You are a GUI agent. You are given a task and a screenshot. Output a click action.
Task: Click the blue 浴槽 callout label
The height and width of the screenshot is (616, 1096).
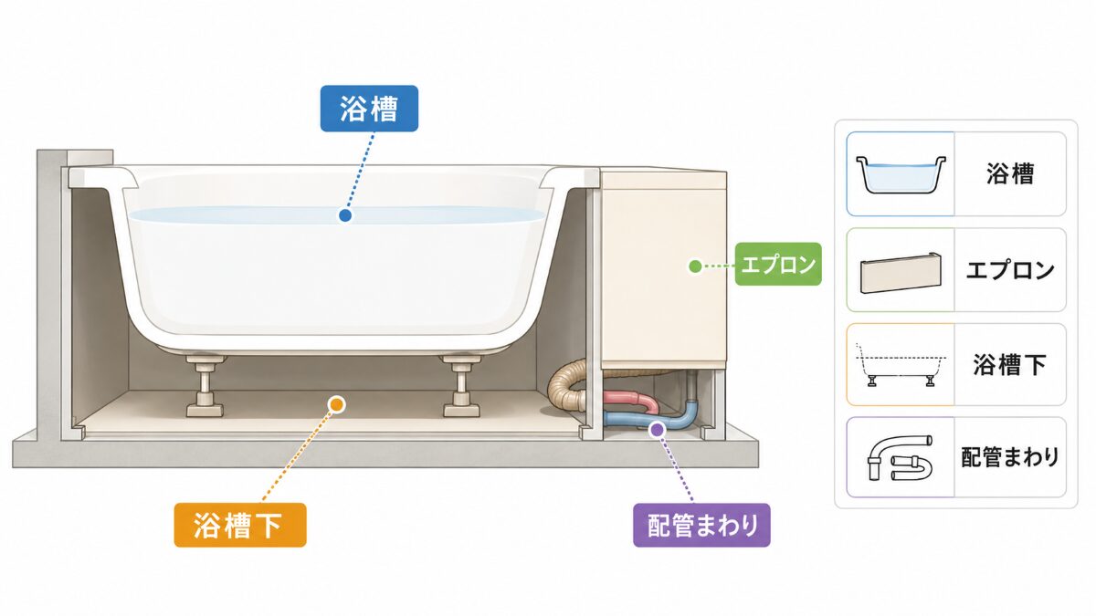click(369, 109)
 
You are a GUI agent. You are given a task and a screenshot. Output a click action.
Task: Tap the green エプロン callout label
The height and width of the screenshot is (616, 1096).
click(778, 264)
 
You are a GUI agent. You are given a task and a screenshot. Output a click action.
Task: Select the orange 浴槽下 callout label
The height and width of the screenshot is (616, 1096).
click(240, 525)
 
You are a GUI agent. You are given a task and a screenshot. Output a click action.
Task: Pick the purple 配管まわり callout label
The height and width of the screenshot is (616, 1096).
click(701, 525)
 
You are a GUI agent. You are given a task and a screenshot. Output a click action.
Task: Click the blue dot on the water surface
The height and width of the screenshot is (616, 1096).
click(345, 215)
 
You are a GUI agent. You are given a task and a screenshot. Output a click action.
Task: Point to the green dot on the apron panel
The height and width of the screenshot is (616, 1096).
click(695, 266)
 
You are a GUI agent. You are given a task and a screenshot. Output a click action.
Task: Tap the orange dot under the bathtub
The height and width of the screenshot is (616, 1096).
click(336, 404)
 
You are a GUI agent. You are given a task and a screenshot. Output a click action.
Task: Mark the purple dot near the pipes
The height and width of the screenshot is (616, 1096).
click(657, 429)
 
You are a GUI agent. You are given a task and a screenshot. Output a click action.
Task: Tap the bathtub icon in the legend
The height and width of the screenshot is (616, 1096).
click(901, 174)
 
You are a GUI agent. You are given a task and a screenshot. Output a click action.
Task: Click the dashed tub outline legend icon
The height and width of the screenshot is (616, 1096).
click(901, 365)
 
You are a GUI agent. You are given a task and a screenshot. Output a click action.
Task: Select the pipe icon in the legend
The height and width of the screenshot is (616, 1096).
click(900, 457)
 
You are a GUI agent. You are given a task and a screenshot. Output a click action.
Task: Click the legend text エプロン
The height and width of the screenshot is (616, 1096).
click(1010, 270)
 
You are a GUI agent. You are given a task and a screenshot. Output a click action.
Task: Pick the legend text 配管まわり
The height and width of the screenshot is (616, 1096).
click(1010, 457)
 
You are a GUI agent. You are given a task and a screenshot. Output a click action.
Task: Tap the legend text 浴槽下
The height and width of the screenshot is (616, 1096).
click(1010, 365)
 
